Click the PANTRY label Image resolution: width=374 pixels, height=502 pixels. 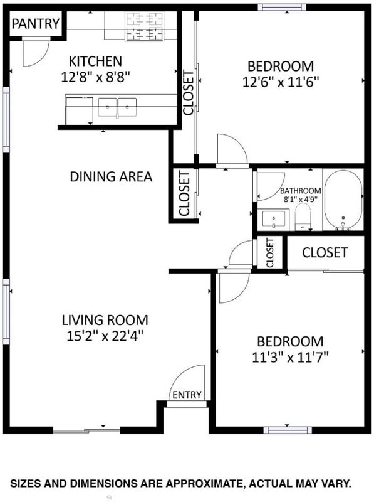tap(36, 24)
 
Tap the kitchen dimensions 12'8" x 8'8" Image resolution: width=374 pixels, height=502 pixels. tap(96, 77)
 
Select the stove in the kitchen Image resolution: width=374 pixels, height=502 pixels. tap(145, 26)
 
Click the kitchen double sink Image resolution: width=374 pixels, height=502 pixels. tap(117, 107)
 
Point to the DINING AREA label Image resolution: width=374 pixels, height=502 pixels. tap(111, 177)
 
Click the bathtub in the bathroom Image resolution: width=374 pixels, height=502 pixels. tap(343, 200)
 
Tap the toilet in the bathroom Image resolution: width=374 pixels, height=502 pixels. tap(303, 216)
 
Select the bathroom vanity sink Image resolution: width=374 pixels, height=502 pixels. tap(274, 220)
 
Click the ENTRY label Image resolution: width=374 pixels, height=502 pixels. tap(187, 395)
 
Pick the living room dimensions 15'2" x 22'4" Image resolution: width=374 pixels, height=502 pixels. tap(105, 336)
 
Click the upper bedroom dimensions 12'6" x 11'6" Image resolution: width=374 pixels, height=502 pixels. tap(281, 82)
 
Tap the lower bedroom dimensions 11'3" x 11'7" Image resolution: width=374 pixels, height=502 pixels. tap(290, 357)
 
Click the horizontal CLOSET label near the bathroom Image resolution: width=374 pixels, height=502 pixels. tap(325, 253)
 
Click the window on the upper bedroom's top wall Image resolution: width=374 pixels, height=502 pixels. tap(282, 7)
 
